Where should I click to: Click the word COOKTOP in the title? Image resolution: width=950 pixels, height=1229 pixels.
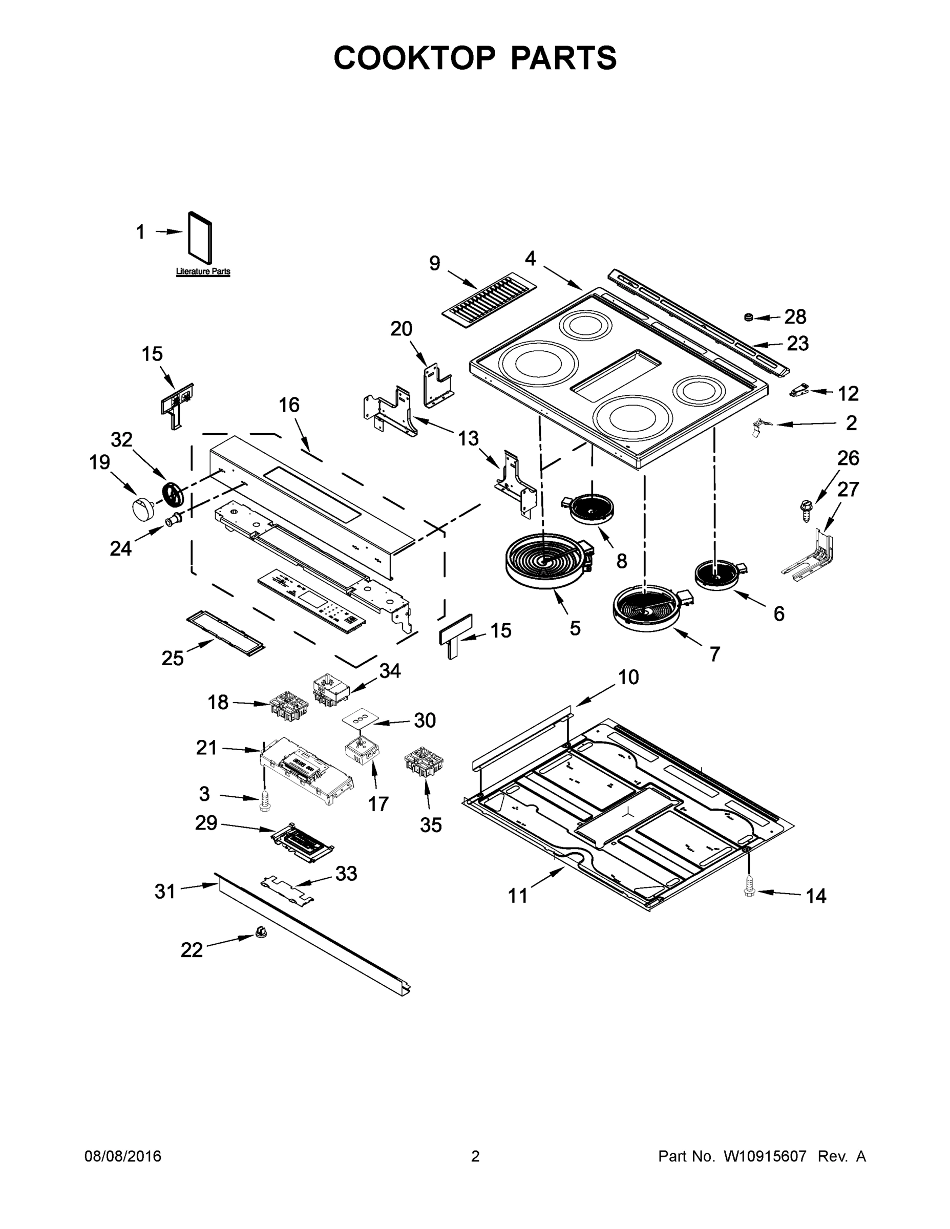[415, 58]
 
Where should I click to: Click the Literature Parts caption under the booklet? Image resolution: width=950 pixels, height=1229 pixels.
[203, 272]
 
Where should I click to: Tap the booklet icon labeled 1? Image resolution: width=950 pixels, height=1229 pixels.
[200, 238]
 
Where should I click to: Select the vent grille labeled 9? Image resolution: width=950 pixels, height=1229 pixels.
[489, 299]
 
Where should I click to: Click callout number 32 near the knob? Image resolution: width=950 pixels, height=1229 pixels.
[121, 440]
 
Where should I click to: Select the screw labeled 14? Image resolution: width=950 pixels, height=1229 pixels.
[749, 886]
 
